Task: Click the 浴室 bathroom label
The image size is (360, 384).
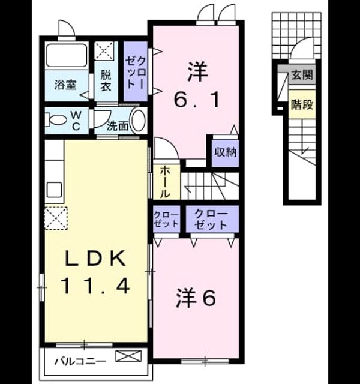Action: pos(65,85)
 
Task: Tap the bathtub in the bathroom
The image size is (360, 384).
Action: pos(67,55)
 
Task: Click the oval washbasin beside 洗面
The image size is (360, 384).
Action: pos(139,120)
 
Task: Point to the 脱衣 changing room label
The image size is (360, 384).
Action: pos(106,80)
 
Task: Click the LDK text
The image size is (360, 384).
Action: pos(95,258)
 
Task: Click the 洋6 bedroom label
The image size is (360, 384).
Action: pos(196,298)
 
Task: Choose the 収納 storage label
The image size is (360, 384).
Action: pos(226,152)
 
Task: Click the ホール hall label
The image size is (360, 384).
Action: pos(165,182)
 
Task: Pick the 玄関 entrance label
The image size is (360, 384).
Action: pos(302,74)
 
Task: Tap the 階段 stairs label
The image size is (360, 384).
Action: pos(302,104)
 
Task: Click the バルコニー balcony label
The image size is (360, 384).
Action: pos(80,361)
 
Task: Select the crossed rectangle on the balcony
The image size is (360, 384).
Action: pos(128,356)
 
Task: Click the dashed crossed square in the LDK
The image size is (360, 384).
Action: pos(56,218)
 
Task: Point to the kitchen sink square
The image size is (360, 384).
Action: pos(54,190)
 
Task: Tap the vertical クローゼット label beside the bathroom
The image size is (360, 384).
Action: pos(136,72)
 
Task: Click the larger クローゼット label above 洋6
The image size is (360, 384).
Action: pos(211,220)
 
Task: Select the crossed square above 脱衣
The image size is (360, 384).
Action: pos(104,50)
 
